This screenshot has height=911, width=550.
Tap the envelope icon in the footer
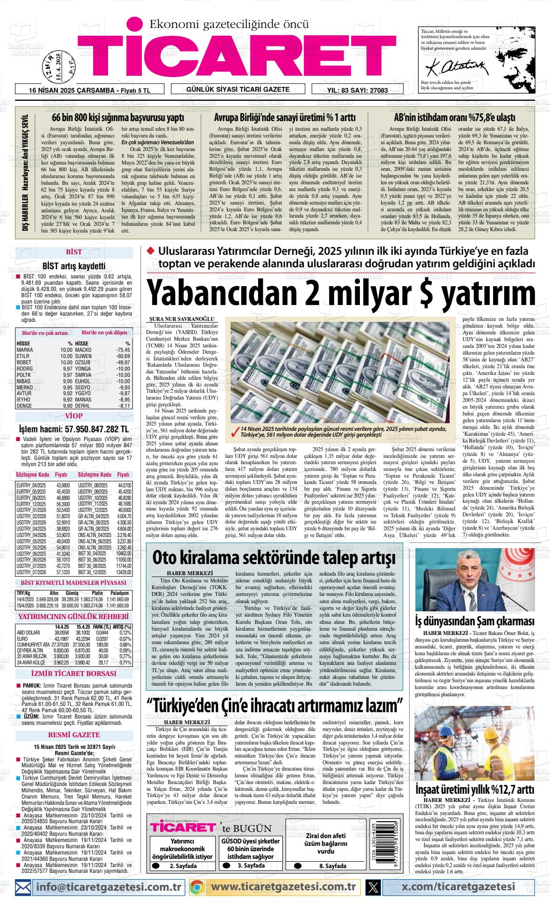23,887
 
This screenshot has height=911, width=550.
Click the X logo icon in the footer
373,887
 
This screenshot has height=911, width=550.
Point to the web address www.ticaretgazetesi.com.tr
283,887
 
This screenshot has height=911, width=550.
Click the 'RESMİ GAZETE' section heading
74,735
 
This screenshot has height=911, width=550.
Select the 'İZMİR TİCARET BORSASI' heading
74,674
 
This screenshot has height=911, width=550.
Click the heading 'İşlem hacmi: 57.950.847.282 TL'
74,429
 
